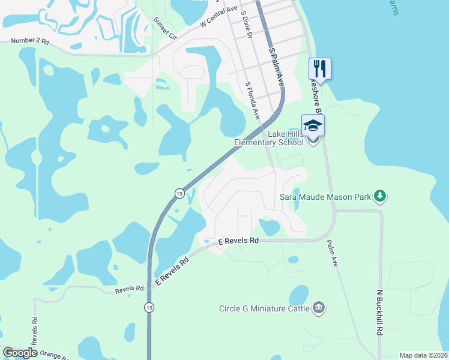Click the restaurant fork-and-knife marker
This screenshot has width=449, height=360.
click(319, 68)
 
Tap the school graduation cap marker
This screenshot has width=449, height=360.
click(313, 125)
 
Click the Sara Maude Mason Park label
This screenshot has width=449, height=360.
click(325, 196)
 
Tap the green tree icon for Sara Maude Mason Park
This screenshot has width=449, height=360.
click(379, 196)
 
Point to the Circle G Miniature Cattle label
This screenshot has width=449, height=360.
click(265, 309)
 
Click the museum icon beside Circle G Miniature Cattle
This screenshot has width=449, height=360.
click(319, 309)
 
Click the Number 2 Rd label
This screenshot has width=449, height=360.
click(29, 41)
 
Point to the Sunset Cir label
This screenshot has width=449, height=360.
click(165, 28)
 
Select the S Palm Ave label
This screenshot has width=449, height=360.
click(275, 67)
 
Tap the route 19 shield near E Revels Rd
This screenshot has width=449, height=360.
click(179, 193)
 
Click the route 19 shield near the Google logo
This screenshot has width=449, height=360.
click(148, 307)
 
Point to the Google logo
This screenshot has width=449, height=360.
click(20, 353)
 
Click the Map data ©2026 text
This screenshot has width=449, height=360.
click(423, 355)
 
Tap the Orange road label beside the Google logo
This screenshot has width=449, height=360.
click(54, 355)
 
